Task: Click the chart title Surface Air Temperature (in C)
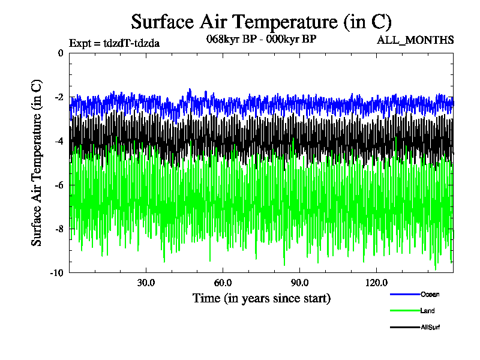point(261,22)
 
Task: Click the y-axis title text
point(37,163)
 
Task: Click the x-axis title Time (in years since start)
point(261,298)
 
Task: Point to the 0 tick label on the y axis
point(60,53)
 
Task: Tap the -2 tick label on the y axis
point(58,97)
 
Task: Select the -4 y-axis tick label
point(58,141)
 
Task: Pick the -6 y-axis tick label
point(58,185)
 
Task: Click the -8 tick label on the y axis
point(58,229)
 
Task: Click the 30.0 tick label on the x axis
point(146,283)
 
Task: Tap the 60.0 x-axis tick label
point(223,283)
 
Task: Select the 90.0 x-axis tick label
point(299,283)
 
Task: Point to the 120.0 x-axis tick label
point(376,283)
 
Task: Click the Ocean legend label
point(430,294)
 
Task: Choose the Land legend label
point(428,311)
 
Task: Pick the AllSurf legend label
point(431,327)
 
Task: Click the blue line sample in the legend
point(404,294)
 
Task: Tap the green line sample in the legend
point(404,311)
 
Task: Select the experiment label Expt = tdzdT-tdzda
point(114,43)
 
